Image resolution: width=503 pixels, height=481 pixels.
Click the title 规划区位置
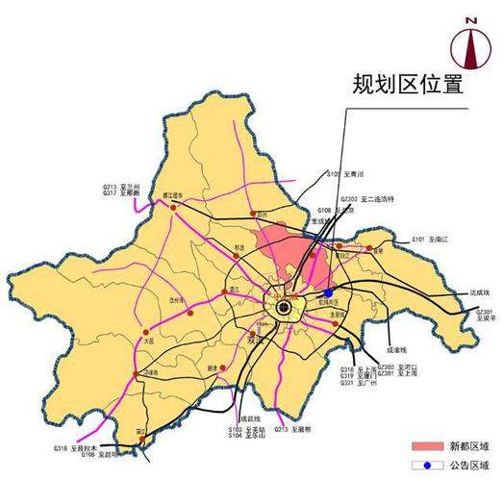[x=408, y=84]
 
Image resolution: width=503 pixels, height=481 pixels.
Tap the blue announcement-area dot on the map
[x=328, y=292]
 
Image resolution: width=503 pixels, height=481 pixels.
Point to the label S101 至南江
[x=431, y=238]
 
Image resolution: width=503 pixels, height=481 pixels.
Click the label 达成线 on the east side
[x=453, y=292]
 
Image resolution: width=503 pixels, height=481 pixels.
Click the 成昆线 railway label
[x=250, y=418]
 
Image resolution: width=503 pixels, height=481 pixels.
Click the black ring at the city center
[x=284, y=308]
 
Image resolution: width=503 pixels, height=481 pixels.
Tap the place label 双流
[x=254, y=340]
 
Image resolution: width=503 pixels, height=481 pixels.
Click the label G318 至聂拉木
[x=77, y=448]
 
